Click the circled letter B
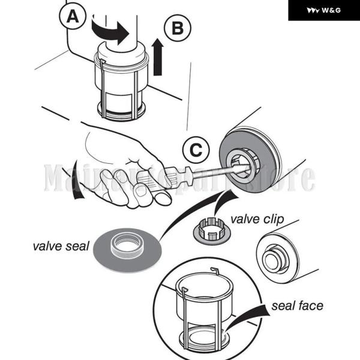click(x=177, y=28)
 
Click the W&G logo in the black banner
click(x=323, y=10)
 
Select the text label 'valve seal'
click(x=61, y=246)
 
